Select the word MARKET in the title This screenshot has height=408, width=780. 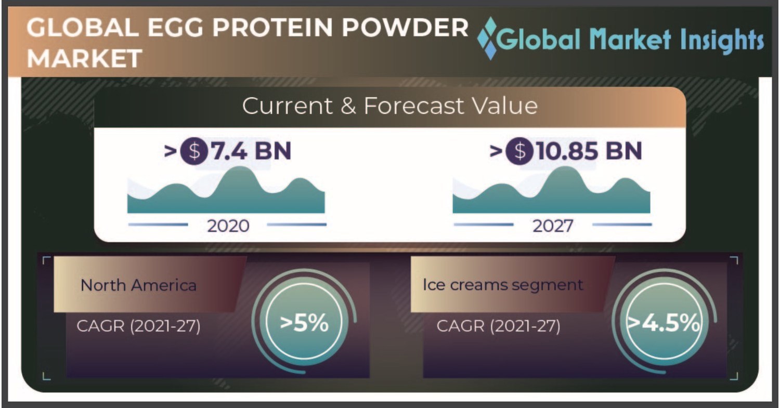coord(84,58)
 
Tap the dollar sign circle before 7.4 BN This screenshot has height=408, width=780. coord(194,151)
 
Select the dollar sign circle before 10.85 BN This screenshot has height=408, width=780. coord(519,151)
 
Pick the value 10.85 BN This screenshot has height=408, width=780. coord(589,151)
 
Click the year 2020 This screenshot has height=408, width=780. coord(228,226)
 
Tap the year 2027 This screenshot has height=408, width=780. coord(552,226)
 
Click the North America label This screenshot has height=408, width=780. coord(138,285)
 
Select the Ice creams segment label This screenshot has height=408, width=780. coord(502,285)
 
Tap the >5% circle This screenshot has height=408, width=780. coord(304,323)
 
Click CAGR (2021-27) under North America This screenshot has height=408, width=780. coord(138,326)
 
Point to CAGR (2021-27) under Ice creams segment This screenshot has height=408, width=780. coord(498,326)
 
